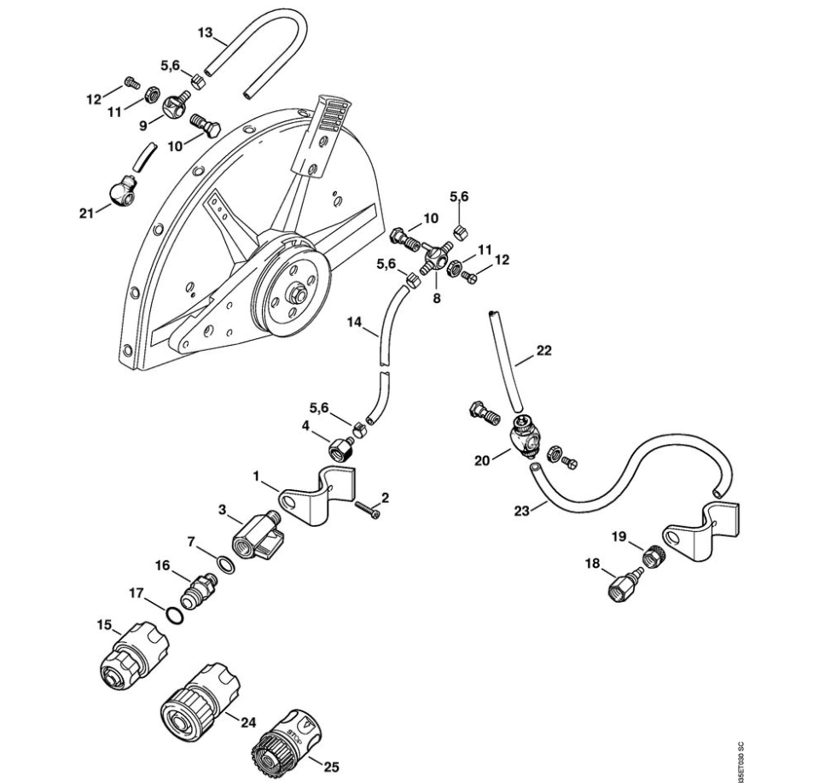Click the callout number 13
coord(205,32)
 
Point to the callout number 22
coord(545,350)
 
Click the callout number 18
coord(591,563)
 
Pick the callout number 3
coord(223,511)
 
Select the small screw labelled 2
coord(368,511)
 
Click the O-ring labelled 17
coord(173,615)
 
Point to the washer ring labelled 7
coord(224,564)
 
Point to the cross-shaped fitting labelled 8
coord(436,255)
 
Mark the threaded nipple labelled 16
coord(201,587)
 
